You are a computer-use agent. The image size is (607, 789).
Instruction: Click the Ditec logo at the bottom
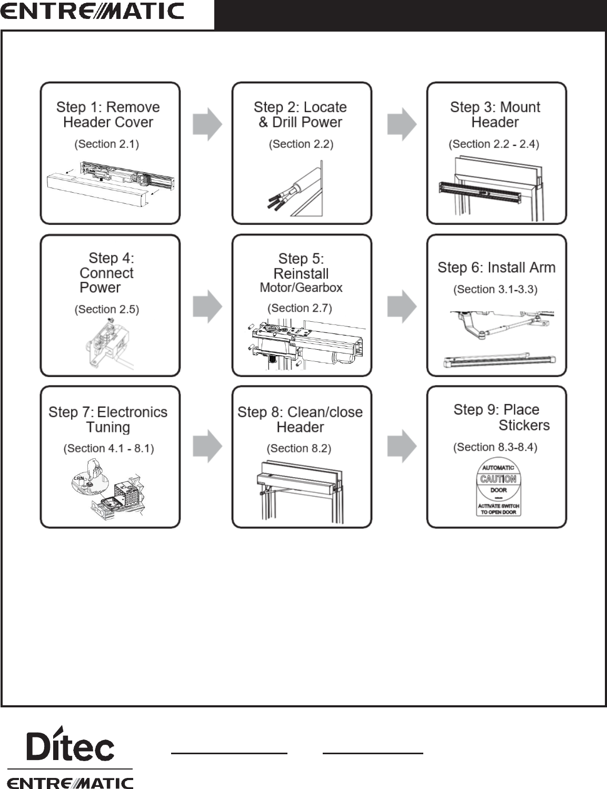pyautogui.click(x=70, y=744)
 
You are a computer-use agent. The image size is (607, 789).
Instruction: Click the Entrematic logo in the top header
pyautogui.click(x=92, y=12)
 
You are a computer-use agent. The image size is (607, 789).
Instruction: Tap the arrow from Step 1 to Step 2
pyautogui.click(x=207, y=124)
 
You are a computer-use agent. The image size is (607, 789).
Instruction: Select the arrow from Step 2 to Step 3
pyautogui.click(x=402, y=124)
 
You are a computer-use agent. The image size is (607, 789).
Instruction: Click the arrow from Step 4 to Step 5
pyautogui.click(x=207, y=306)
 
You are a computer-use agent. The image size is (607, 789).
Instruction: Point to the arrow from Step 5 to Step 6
pyautogui.click(x=402, y=306)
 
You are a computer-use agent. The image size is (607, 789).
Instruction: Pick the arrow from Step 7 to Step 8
pyautogui.click(x=207, y=446)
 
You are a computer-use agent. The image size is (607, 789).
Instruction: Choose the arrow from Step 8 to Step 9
pyautogui.click(x=402, y=446)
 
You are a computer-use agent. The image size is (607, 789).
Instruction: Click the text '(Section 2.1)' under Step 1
pyautogui.click(x=106, y=144)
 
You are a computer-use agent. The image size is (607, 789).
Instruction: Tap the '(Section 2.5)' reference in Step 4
pyautogui.click(x=106, y=309)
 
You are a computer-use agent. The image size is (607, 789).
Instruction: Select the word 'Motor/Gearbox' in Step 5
pyautogui.click(x=301, y=288)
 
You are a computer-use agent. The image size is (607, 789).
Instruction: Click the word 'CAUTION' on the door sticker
pyautogui.click(x=498, y=479)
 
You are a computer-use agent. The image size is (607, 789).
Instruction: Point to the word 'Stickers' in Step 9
pyautogui.click(x=524, y=425)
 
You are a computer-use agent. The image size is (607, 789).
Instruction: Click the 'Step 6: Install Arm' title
pyautogui.click(x=496, y=268)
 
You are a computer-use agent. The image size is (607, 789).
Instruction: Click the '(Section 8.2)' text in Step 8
pyautogui.click(x=298, y=448)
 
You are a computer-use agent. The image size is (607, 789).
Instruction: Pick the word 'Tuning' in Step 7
pyautogui.click(x=108, y=427)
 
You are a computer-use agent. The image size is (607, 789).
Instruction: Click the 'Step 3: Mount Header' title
pyautogui.click(x=495, y=114)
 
